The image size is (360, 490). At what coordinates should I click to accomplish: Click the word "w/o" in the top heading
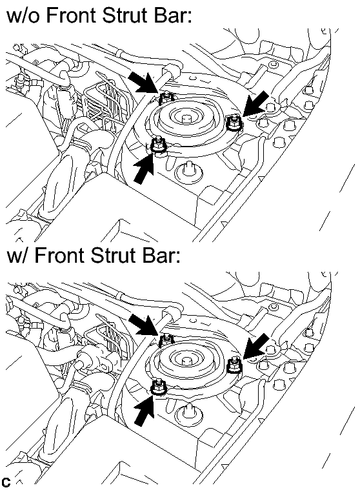[23, 15]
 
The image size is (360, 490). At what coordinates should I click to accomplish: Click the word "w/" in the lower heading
[17, 256]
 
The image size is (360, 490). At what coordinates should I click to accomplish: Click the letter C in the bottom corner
[6, 482]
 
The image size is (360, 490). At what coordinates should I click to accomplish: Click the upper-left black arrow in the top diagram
[145, 82]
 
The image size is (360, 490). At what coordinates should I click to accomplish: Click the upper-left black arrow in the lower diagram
[145, 325]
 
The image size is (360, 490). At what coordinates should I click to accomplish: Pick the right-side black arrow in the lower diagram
[255, 346]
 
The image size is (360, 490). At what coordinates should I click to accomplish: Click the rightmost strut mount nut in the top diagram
[234, 123]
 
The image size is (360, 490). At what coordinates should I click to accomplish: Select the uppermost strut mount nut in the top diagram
[166, 98]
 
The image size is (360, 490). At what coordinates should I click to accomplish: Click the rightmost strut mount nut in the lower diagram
[234, 365]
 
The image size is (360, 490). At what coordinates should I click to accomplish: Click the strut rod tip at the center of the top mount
[186, 119]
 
